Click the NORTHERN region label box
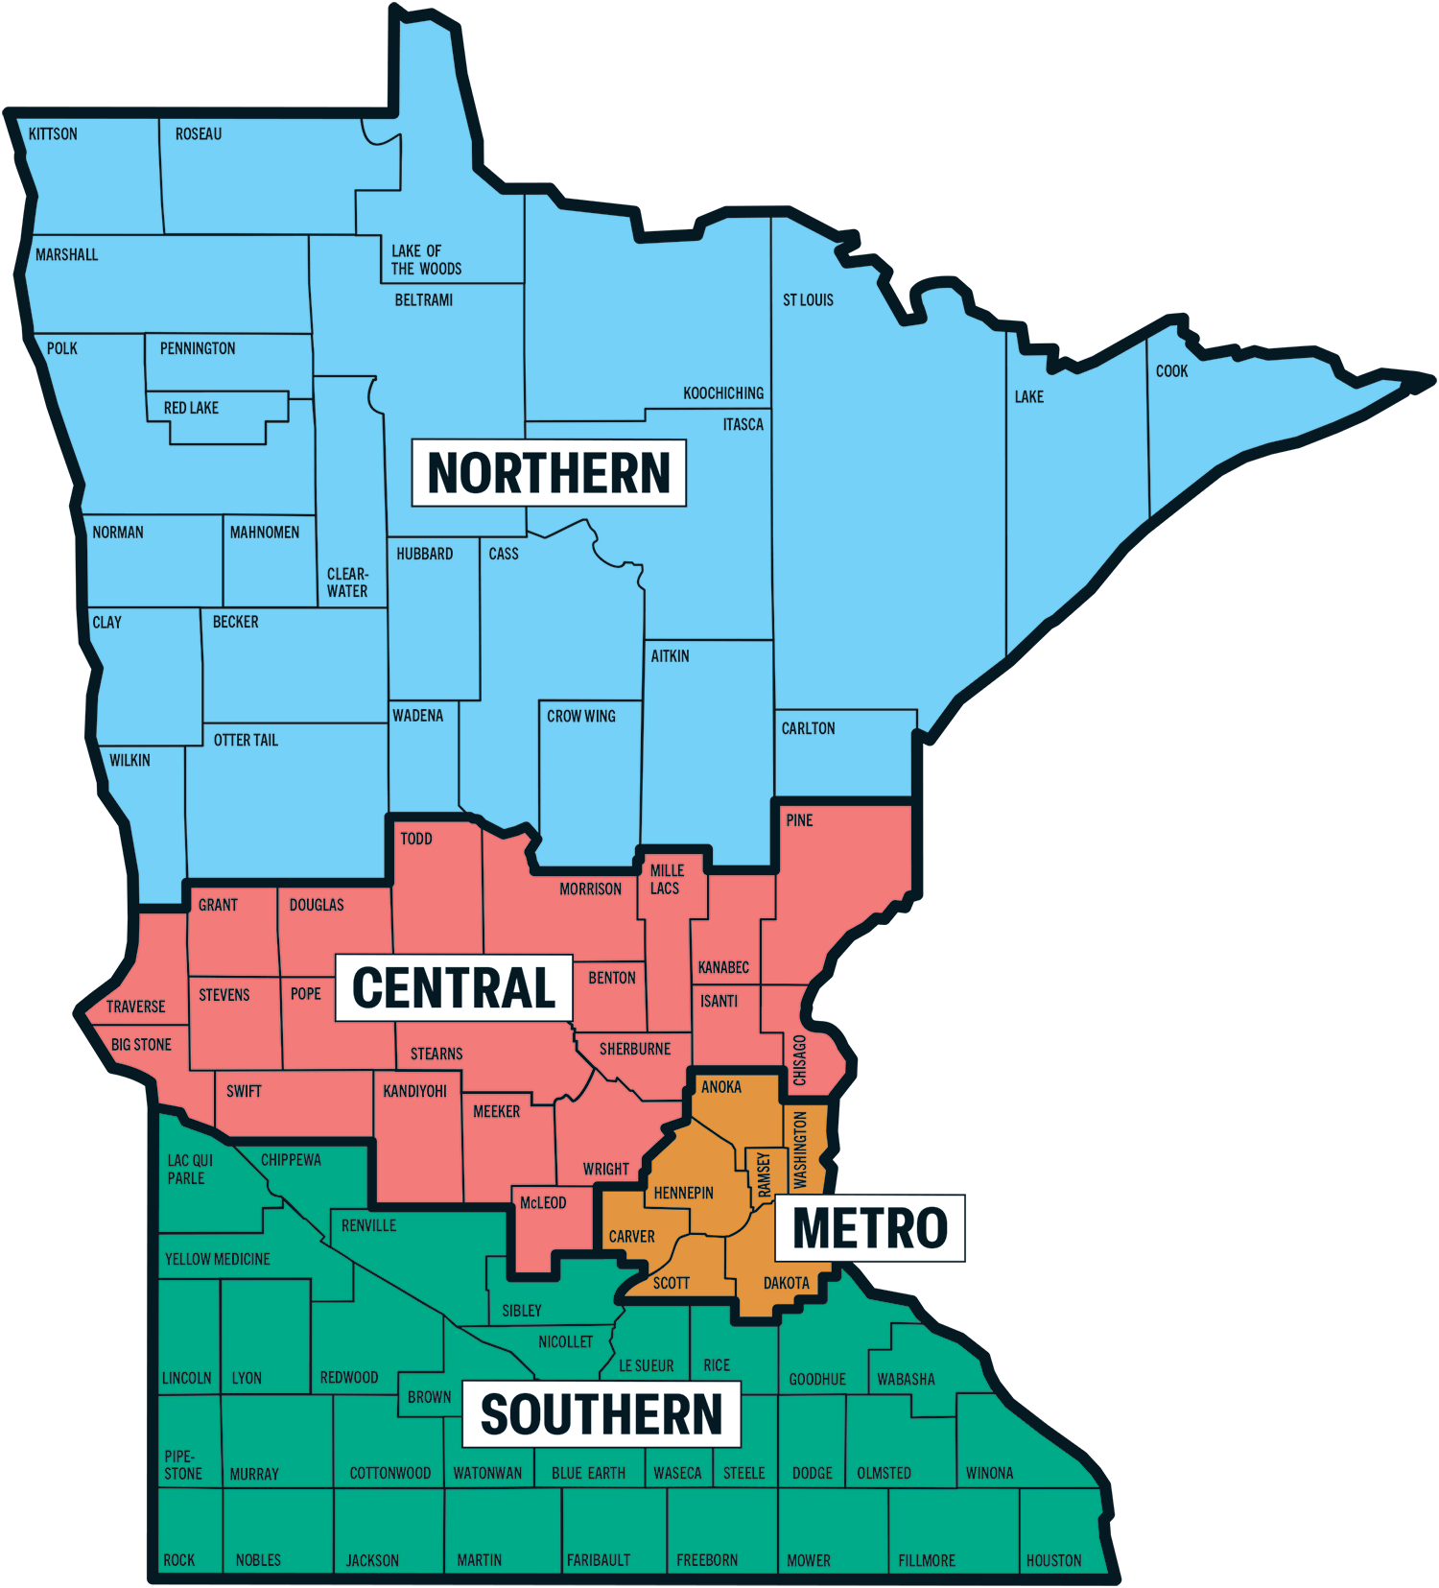(549, 473)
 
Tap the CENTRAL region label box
(454, 988)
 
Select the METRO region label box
(869, 1228)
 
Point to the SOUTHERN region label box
(602, 1414)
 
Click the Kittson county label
(53, 134)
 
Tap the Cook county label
(1171, 371)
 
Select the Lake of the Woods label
(426, 260)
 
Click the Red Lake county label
(191, 408)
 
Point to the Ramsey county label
(764, 1174)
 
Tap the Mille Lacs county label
(667, 879)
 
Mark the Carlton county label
(808, 729)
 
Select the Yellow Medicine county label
(217, 1259)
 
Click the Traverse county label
(135, 1007)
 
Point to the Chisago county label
(799, 1060)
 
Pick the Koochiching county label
(723, 393)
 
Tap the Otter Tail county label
(246, 741)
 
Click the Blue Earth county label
(588, 1474)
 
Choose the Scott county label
(671, 1284)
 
